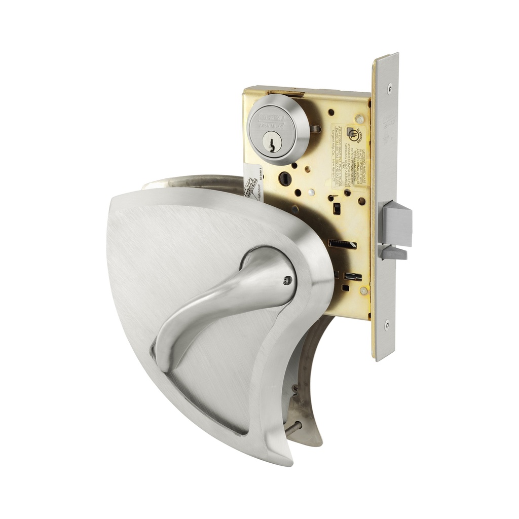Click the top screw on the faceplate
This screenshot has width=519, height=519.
point(389,87)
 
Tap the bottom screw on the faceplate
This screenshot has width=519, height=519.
point(387,324)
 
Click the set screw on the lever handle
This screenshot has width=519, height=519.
point(288,279)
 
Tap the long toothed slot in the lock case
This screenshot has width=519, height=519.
point(342,244)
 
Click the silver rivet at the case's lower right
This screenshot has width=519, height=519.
point(363,290)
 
